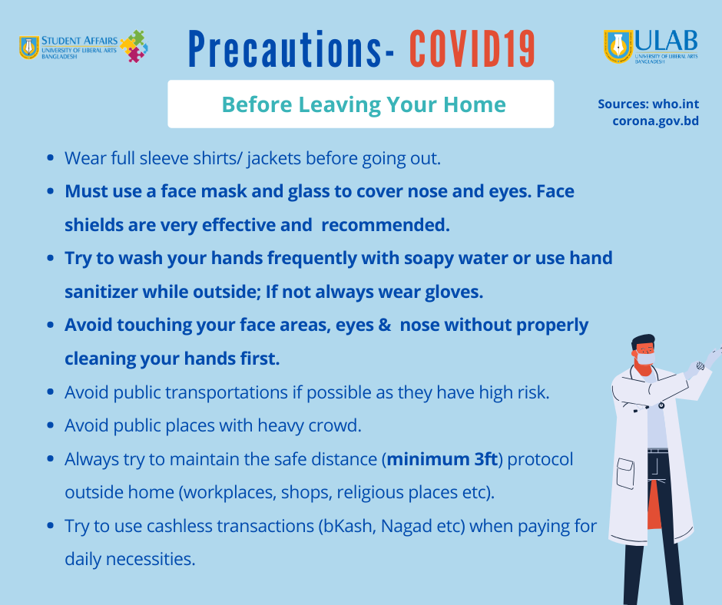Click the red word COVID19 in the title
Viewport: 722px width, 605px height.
[472, 49]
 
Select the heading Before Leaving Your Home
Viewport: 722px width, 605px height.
[364, 104]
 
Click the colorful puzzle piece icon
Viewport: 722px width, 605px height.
[134, 46]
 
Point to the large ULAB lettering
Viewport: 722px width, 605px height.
[666, 41]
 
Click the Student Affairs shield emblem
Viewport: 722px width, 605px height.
[29, 48]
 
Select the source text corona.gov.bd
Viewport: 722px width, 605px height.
[656, 121]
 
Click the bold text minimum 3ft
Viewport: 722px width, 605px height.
[442, 459]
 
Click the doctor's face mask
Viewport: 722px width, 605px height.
[645, 359]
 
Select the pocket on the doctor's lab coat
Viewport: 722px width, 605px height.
[625, 473]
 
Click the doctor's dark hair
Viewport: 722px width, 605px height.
[643, 342]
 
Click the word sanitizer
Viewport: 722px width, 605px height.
[101, 292]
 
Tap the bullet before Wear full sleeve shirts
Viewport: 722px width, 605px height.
[51, 158]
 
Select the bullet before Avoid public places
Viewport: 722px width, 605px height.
[51, 426]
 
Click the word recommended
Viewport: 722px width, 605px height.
[385, 225]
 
